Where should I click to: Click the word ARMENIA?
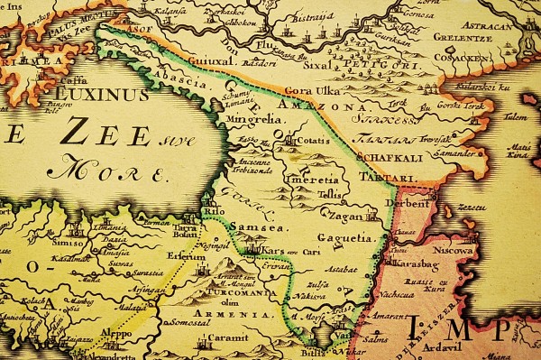[x=244, y=314]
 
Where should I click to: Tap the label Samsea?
[x=251, y=228]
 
